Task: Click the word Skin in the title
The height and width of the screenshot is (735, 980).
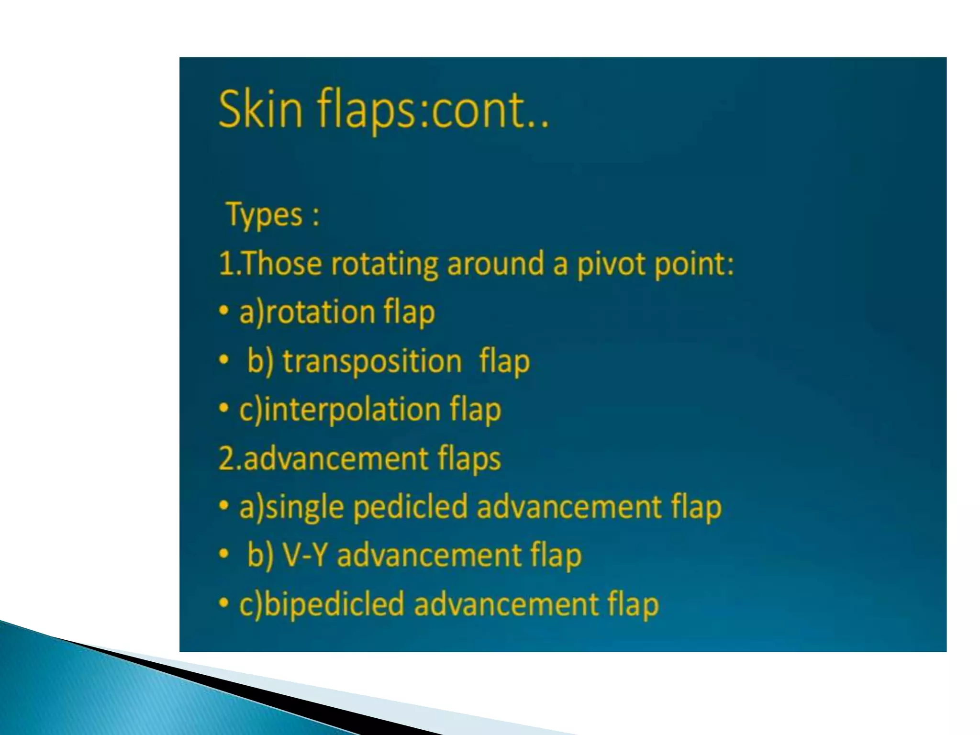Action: [x=260, y=110]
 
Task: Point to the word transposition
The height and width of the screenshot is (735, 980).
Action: [x=372, y=361]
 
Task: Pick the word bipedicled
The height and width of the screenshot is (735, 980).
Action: [x=334, y=604]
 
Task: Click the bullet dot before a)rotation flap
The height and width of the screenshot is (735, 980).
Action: [x=223, y=312]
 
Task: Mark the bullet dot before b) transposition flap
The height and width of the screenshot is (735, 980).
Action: [x=223, y=360]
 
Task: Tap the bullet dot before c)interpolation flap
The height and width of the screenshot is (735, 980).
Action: [x=223, y=409]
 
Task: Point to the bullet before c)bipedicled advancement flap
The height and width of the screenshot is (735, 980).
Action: [x=223, y=603]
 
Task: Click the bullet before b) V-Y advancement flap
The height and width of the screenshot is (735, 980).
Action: [x=223, y=555]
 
